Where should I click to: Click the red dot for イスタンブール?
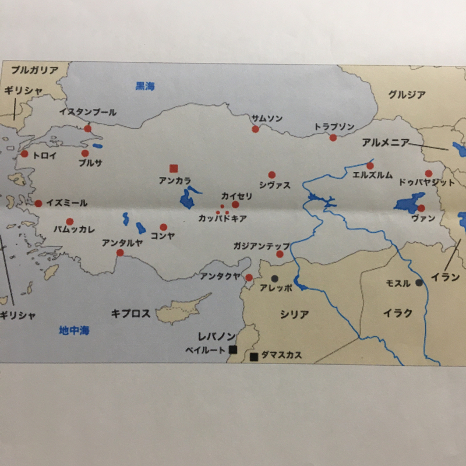(x=88, y=128)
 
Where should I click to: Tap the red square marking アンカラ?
(x=173, y=168)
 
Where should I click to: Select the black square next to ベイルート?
(x=232, y=349)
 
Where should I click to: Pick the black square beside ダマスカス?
(x=253, y=356)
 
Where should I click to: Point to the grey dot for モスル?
(x=419, y=283)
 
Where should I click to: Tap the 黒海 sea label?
(x=145, y=86)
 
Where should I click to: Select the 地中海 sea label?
(x=74, y=331)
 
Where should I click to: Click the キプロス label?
(x=130, y=313)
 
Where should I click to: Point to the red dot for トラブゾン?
(x=333, y=137)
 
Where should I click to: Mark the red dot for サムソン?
(x=255, y=129)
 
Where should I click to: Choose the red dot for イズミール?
(x=38, y=203)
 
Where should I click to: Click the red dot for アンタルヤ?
(x=120, y=252)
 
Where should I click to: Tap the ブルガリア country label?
(x=35, y=70)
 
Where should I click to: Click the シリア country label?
(x=294, y=315)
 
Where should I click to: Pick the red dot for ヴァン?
(x=421, y=207)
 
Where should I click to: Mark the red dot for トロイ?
(x=24, y=154)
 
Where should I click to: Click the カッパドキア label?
(x=223, y=219)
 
